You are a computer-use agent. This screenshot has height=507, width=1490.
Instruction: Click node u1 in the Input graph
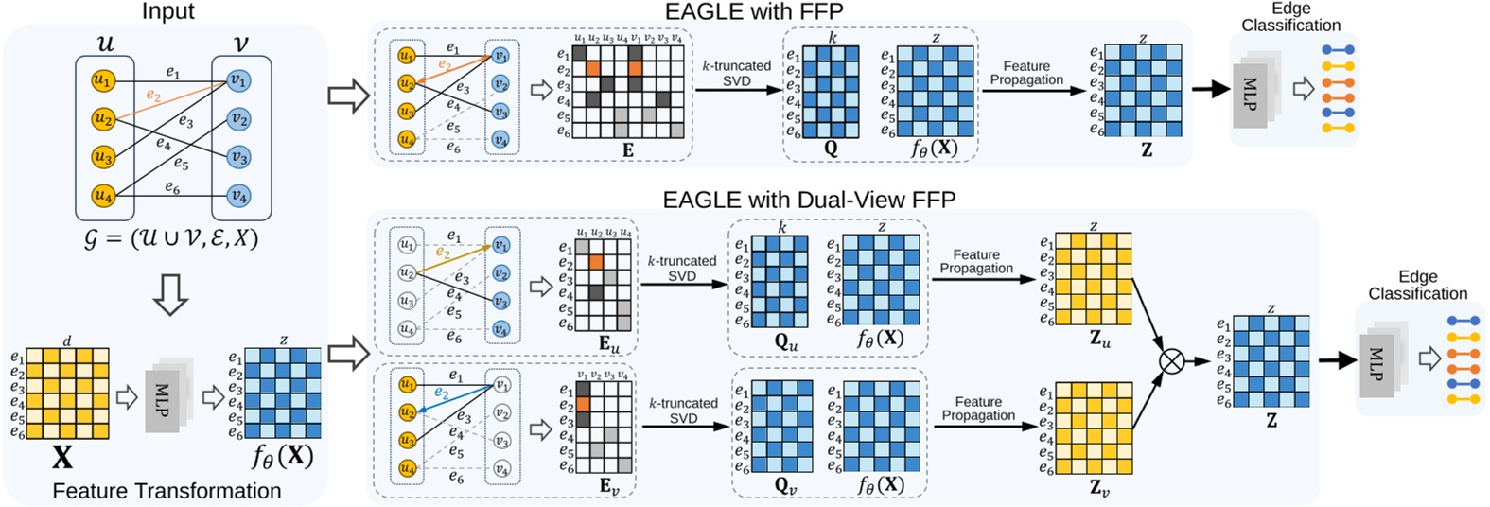pos(102,80)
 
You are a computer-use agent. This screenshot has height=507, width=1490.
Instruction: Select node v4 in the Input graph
pos(239,196)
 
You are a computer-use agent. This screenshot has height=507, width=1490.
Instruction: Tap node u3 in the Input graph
pos(102,157)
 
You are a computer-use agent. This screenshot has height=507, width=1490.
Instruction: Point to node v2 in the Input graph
pos(239,120)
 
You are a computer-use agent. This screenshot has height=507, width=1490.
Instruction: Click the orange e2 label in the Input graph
pos(153,96)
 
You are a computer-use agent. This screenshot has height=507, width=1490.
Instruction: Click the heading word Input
pos(167,11)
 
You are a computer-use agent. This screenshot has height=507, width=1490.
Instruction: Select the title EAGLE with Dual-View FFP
pos(809,200)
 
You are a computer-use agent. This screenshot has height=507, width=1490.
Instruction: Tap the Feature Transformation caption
pos(167,491)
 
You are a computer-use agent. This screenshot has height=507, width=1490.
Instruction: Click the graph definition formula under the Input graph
pos(171,239)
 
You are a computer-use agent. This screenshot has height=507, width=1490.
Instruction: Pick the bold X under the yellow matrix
pos(61,459)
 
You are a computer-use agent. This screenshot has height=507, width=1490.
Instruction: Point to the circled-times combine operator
pos(1172,361)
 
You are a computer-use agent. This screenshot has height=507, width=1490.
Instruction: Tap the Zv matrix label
pos(1099,488)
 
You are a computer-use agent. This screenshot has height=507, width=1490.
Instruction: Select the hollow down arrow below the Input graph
pos(171,294)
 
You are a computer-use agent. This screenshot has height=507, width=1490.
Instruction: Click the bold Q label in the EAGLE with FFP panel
pos(832,149)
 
